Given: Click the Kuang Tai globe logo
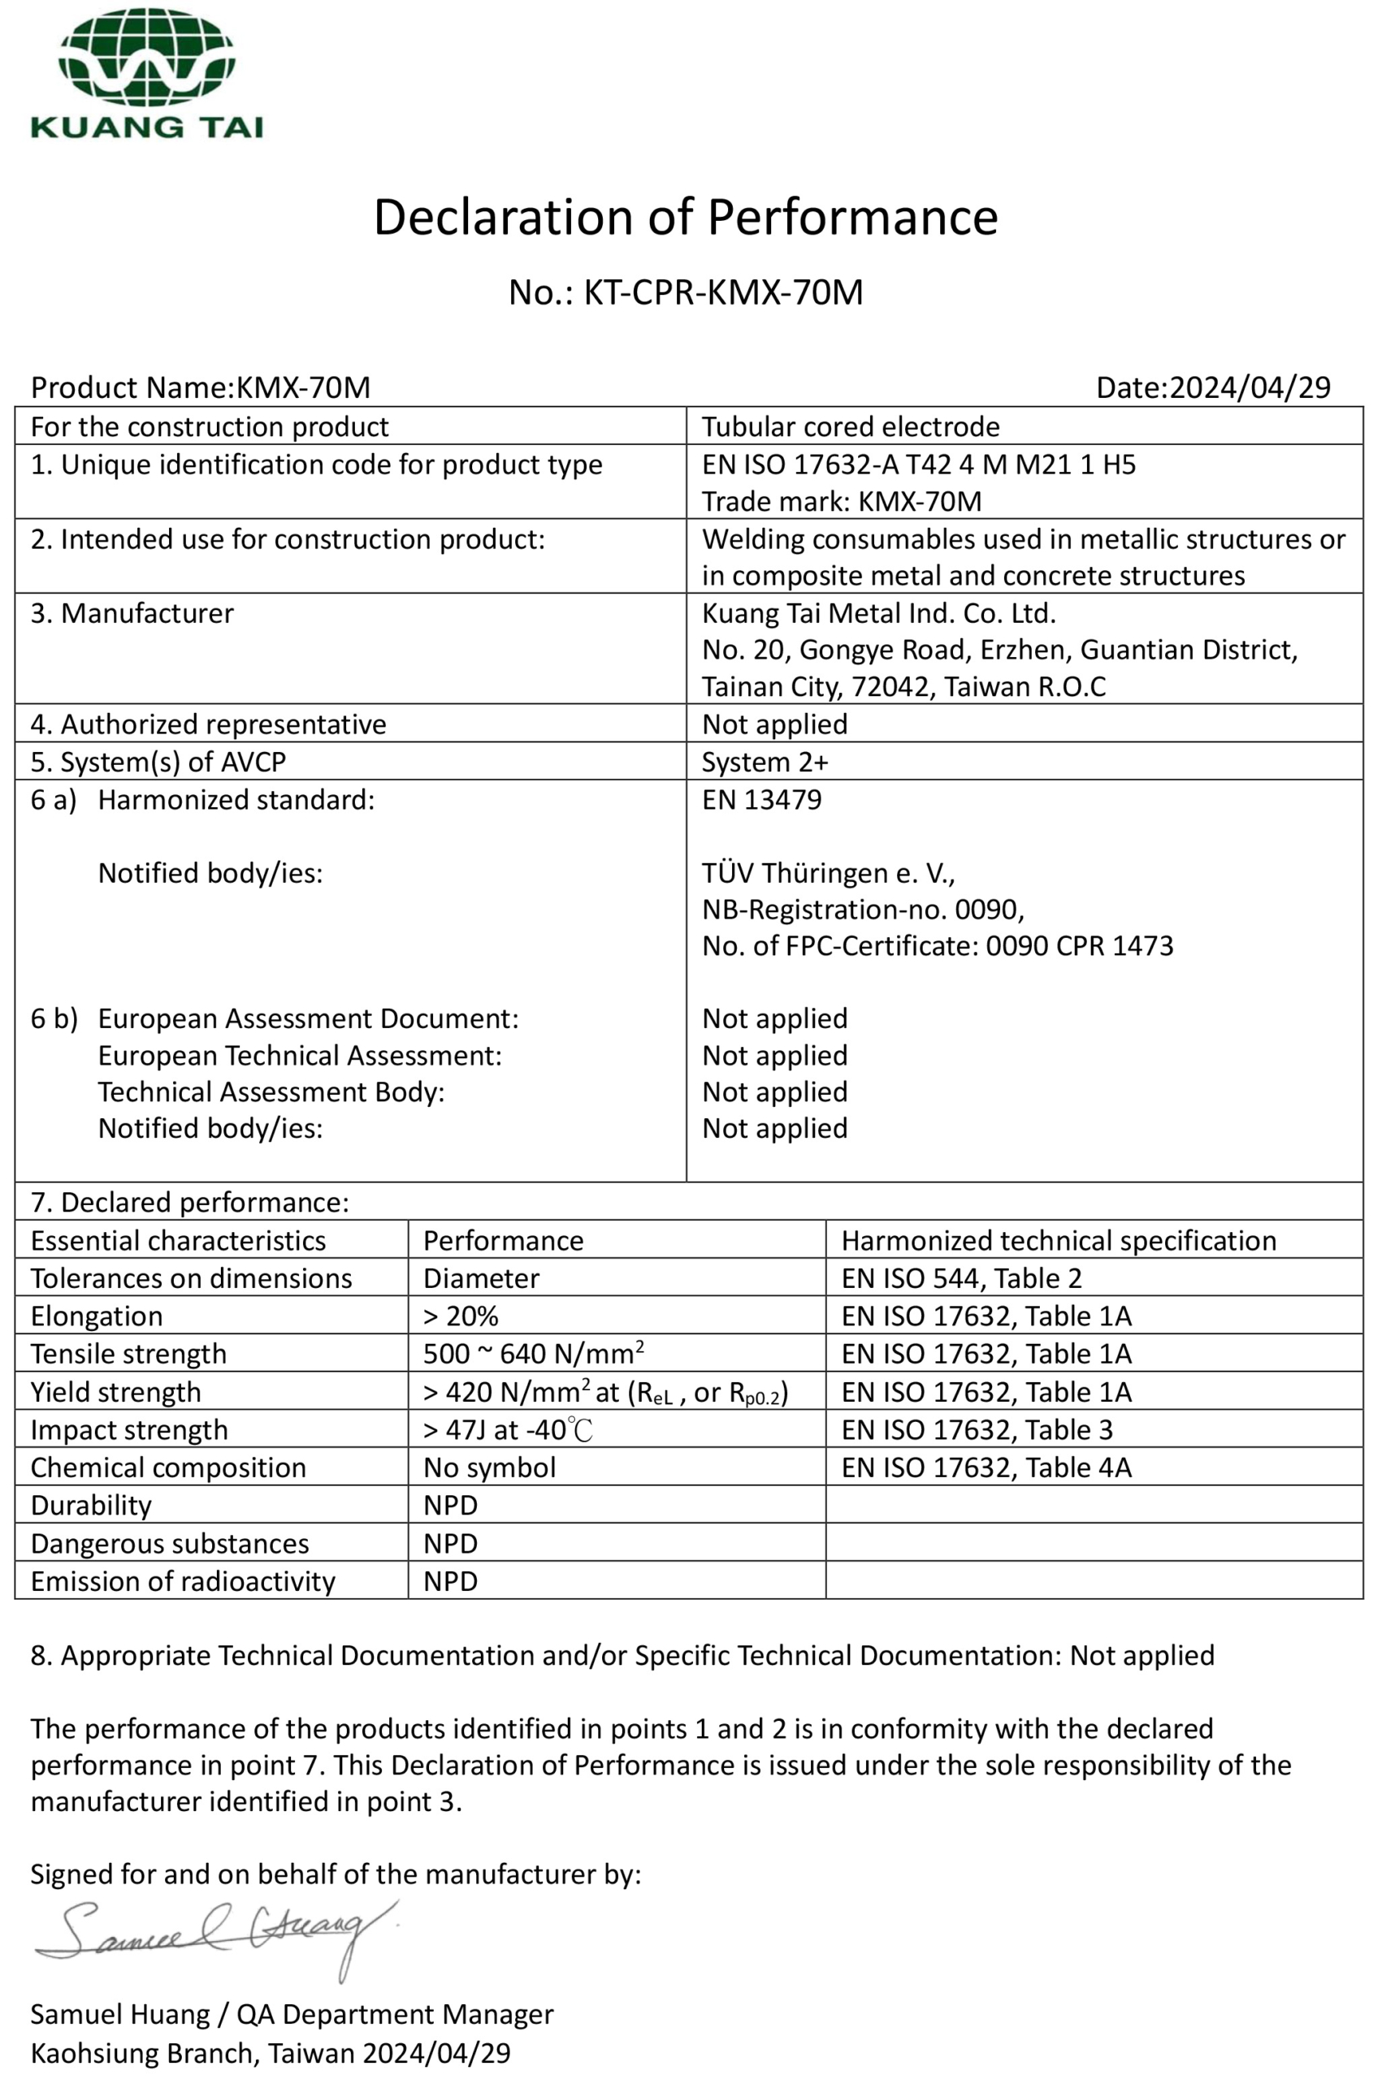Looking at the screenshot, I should [x=146, y=58].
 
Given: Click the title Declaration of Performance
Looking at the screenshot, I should [x=686, y=217].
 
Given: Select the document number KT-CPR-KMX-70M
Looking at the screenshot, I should [x=723, y=292].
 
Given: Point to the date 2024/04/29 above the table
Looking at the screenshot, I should [x=1249, y=387].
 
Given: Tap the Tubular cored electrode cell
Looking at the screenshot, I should [x=851, y=426].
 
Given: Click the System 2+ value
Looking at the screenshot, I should [x=765, y=762].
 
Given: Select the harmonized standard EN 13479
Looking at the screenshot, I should [x=761, y=800].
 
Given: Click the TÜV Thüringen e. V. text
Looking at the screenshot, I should [x=829, y=873].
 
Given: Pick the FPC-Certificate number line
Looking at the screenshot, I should [x=937, y=946].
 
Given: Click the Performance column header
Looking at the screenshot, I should [x=503, y=1240].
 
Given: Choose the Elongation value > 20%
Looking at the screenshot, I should [x=461, y=1316].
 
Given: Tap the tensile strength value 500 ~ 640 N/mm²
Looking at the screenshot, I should [x=533, y=1354].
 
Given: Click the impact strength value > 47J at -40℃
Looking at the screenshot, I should [x=508, y=1430].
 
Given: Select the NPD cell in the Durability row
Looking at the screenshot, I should [x=450, y=1506].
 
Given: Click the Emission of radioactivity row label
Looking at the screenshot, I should [x=184, y=1581].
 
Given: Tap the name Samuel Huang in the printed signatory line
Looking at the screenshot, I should [x=120, y=2015].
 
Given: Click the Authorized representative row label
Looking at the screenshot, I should [x=209, y=724].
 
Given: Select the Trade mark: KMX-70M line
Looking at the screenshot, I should [x=842, y=501].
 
